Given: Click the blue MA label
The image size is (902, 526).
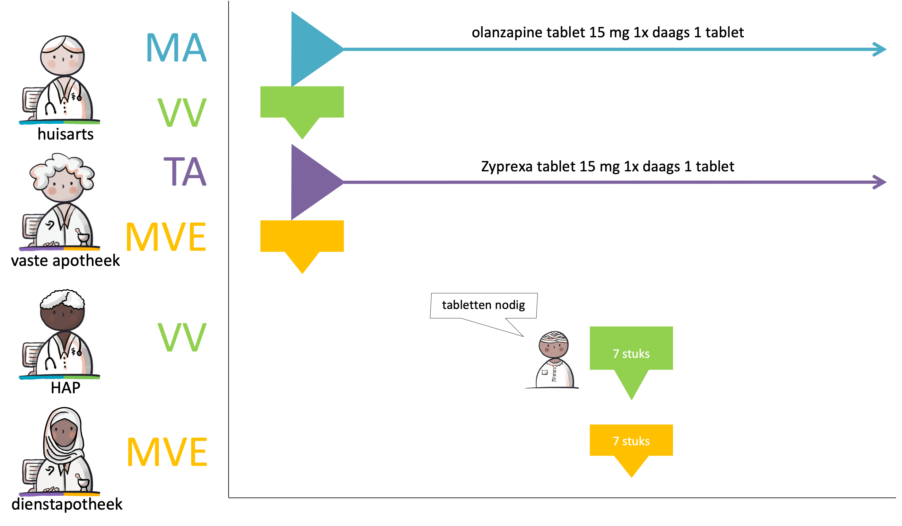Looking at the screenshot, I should point(176,48).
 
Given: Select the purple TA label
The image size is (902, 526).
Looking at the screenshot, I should point(185,172).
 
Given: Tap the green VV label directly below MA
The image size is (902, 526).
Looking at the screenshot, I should point(182,113).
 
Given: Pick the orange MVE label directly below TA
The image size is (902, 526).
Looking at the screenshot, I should point(166,237).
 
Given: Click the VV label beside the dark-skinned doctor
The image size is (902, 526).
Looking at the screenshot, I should point(182,337).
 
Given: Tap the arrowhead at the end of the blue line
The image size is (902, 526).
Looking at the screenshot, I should point(880,49).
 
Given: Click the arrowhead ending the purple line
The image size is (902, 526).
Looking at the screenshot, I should point(880,182).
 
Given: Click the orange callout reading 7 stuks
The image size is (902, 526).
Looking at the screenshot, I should point(631,441).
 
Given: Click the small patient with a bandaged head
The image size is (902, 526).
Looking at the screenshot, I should point(553,360).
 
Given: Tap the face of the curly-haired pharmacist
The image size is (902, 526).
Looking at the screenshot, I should point(63,186).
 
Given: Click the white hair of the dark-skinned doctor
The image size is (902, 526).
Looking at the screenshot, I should point(63,299).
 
